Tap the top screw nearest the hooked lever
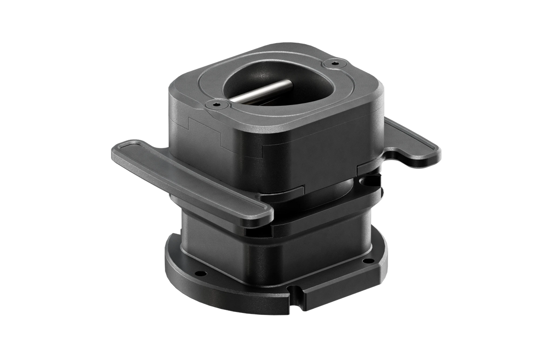[x=335, y=63]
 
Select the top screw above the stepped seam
[x=215, y=104]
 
